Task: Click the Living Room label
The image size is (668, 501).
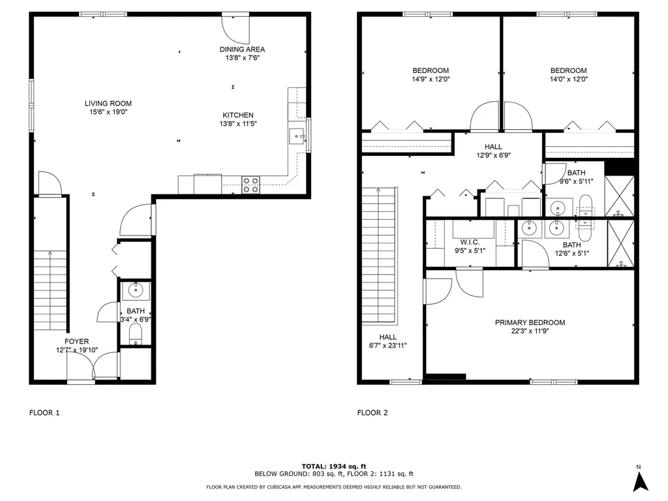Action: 108,103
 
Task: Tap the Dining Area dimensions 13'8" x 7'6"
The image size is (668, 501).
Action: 241,57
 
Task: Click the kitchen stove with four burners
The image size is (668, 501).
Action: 250,185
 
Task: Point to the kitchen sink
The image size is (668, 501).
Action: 297,136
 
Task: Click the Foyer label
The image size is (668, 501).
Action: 76,341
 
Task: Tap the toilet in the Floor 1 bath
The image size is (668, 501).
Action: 136,334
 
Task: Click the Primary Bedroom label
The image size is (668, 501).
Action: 530,322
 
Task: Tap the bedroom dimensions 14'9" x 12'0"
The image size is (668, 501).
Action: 431,79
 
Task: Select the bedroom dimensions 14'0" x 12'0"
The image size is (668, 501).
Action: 568,79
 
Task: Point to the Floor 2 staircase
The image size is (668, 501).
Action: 379,254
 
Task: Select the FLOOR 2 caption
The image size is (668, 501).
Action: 372,412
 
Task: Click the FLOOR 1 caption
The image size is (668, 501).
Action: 44,412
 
